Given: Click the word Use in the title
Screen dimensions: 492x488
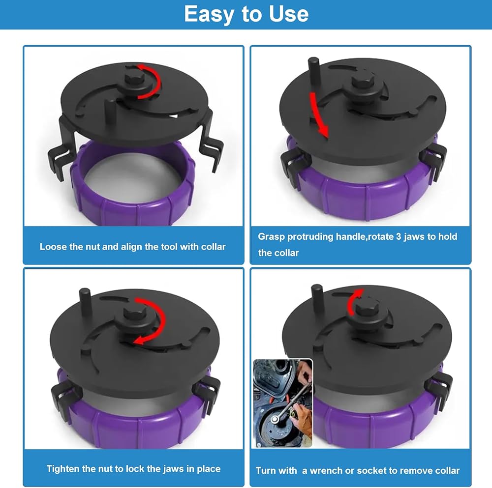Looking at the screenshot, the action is click(289, 14).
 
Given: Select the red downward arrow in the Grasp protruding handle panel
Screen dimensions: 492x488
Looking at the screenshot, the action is click(319, 115).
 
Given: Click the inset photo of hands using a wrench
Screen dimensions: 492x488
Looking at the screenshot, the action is click(283, 403).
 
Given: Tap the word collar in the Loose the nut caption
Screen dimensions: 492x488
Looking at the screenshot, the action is click(214, 247).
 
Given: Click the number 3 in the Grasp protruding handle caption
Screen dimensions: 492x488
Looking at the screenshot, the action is click(399, 236).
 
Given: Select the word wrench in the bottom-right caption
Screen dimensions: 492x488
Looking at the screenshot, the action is click(326, 470).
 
